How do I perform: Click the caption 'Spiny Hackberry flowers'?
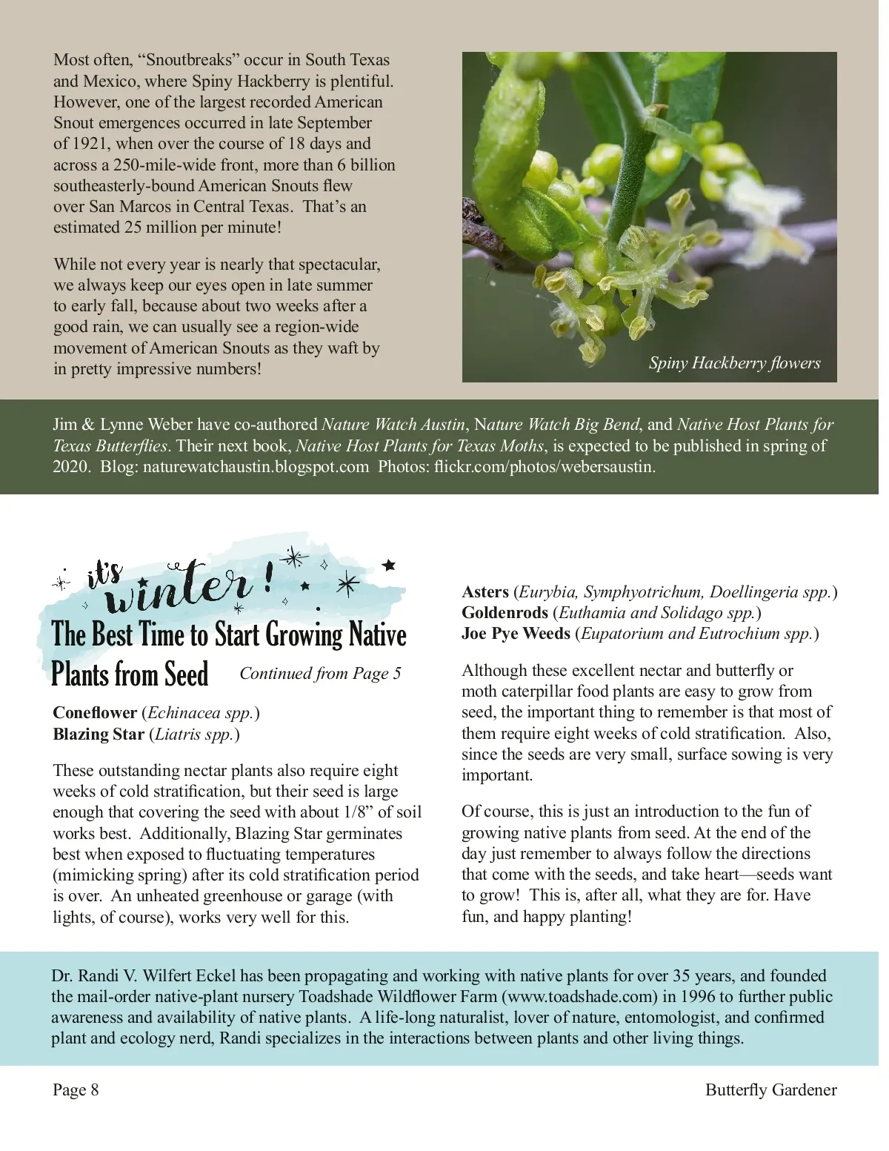[734, 363]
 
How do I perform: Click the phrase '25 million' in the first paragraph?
[161, 228]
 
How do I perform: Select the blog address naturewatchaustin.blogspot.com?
[256, 467]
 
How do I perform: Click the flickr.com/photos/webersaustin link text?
[545, 467]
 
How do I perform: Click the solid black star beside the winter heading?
[388, 565]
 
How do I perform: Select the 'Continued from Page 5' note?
[320, 673]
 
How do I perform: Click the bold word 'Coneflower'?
[95, 713]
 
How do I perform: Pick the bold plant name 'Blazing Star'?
[99, 734]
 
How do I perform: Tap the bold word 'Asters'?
[485, 592]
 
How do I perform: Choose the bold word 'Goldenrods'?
[505, 613]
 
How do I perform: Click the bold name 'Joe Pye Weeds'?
[516, 634]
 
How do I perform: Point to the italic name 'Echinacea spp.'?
[201, 713]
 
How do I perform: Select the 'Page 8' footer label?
[76, 1089]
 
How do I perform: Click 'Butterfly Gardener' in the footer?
[770, 1089]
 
